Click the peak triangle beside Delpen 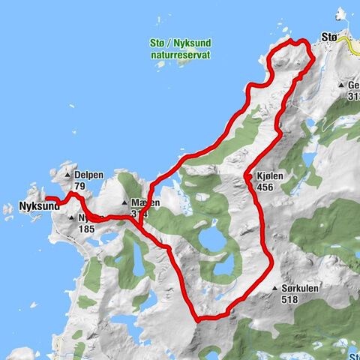[67, 174]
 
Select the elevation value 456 [266, 187]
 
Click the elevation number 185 [85, 229]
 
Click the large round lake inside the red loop [212, 241]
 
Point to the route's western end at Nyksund [48, 198]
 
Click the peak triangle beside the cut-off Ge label [341, 85]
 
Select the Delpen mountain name [89, 174]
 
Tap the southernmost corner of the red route [198, 319]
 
